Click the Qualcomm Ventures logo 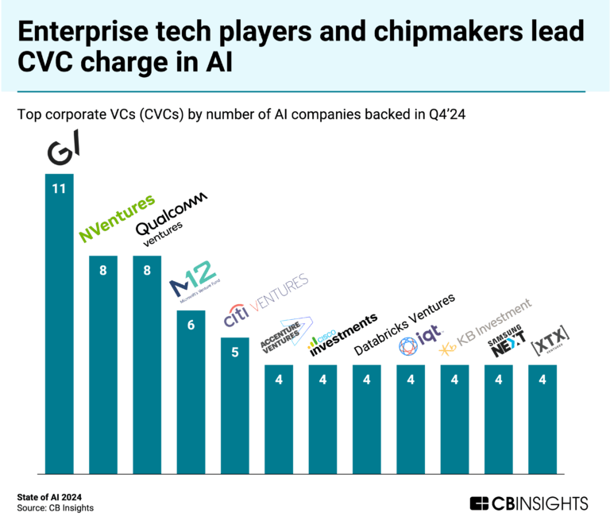(169, 214)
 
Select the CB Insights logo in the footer (528, 503)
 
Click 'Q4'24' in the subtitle (446, 114)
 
